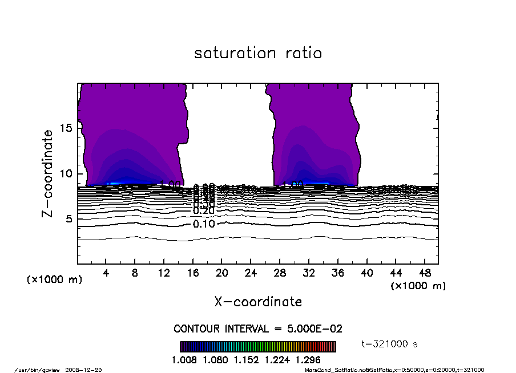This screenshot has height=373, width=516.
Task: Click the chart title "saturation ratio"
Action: (258, 54)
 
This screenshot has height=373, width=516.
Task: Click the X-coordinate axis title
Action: (258, 301)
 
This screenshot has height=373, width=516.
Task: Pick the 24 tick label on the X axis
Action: (251, 273)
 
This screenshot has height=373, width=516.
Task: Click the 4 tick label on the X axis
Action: (106, 273)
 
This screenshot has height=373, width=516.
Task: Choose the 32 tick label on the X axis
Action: (309, 273)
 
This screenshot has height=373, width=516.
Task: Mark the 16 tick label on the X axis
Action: (193, 273)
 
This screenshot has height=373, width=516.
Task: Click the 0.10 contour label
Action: (204, 224)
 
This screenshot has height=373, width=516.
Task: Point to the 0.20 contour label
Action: (204, 210)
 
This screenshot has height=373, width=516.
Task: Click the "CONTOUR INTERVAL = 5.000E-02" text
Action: (258, 329)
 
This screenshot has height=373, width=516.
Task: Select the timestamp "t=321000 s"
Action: (390, 344)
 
